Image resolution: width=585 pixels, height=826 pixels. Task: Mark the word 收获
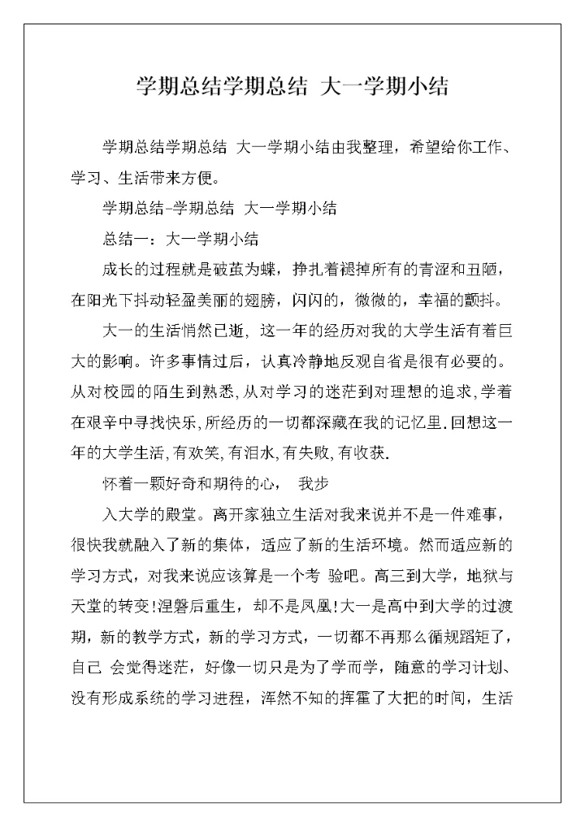373,453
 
